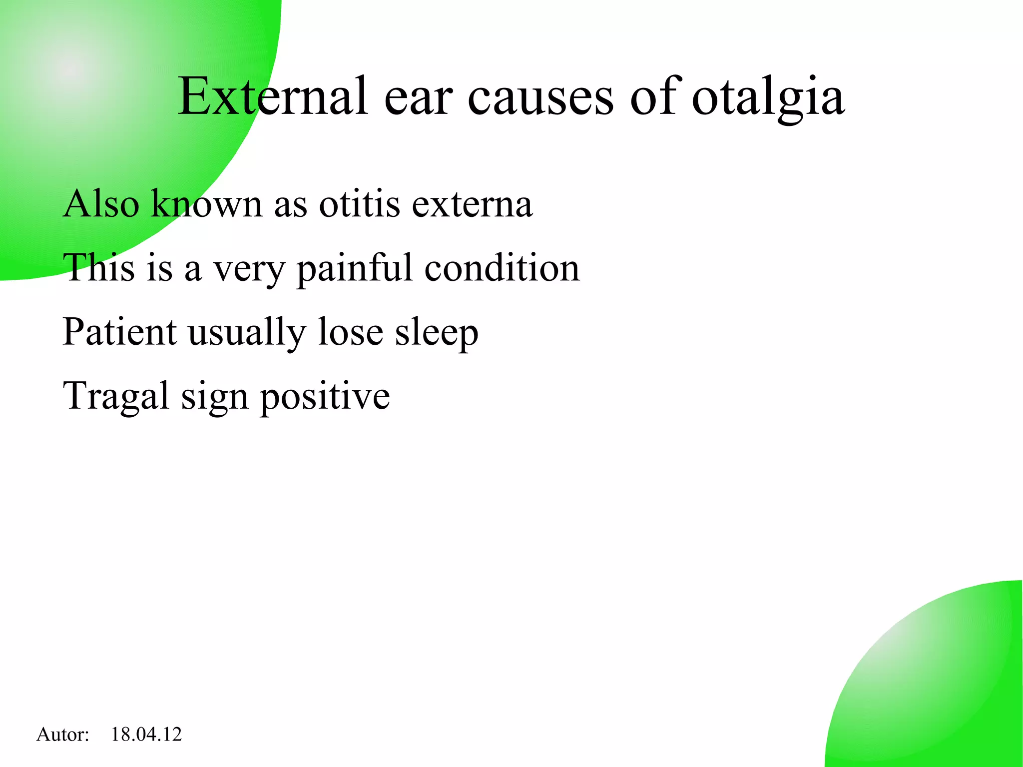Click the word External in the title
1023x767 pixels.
tap(273, 96)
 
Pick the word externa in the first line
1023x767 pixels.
tap(472, 204)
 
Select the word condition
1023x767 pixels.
tap(502, 268)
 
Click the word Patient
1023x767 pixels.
tap(119, 332)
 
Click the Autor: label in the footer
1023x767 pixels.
tap(62, 735)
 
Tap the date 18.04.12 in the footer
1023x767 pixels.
tap(146, 735)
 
